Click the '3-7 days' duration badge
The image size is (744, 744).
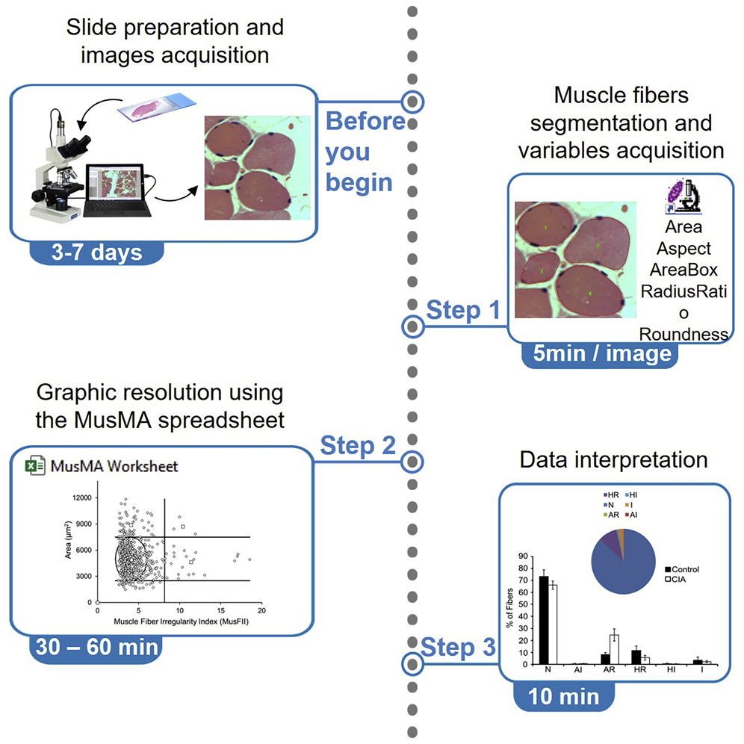tap(96, 252)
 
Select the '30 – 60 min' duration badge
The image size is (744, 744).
tap(95, 645)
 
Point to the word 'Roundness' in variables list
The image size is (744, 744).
tap(683, 334)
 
